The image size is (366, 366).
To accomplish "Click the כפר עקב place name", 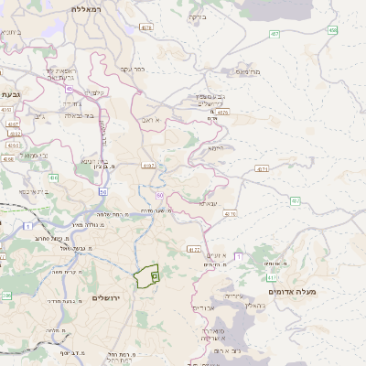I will pos(134,69).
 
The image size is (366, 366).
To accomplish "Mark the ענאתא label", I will pos(207,203).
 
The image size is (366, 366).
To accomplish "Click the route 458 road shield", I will pos(333,30).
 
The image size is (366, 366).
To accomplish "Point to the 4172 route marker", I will pos(193,248).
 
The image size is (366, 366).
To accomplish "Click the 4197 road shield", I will pos(149,166).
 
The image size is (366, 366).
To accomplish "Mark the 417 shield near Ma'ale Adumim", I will pos(271,276).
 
